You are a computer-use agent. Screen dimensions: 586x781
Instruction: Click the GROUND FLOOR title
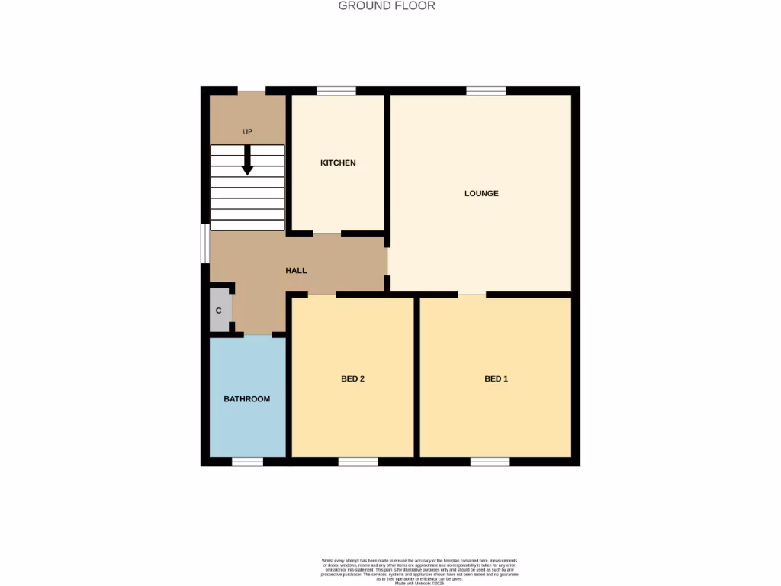[x=387, y=6]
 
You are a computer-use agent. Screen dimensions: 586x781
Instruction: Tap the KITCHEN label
[x=338, y=163]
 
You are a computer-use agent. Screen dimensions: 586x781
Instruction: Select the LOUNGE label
[x=481, y=193]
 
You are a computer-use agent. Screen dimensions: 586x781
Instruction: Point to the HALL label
[x=296, y=270]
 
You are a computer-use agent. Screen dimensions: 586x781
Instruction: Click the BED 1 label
[x=496, y=378]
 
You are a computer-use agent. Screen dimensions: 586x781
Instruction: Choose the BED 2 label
[x=352, y=378]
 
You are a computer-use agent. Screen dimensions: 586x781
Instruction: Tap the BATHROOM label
[x=246, y=398]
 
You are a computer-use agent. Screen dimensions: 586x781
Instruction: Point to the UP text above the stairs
[x=247, y=132]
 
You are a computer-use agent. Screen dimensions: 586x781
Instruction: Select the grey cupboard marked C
[x=220, y=311]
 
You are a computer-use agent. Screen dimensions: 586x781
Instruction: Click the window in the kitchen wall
[x=336, y=91]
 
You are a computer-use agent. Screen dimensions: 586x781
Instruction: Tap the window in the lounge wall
[x=486, y=91]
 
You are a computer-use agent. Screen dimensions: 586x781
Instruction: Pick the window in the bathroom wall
[x=248, y=462]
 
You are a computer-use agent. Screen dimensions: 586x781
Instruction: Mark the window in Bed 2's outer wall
[x=358, y=462]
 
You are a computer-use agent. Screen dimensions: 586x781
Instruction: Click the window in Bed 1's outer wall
[x=490, y=462]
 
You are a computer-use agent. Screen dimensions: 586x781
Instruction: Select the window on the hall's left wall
[x=205, y=243]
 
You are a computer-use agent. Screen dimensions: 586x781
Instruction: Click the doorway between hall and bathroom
[x=258, y=334]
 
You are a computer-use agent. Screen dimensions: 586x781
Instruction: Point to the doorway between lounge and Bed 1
[x=471, y=295]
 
